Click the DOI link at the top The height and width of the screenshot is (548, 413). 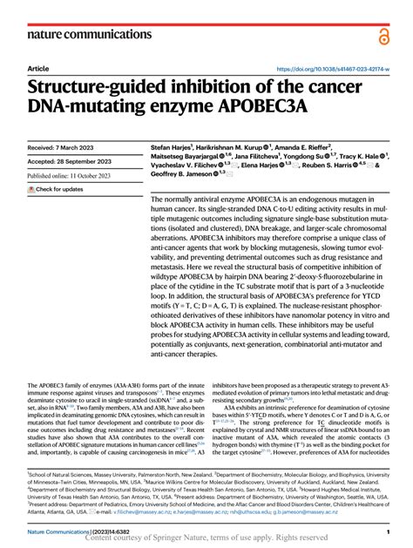(327, 68)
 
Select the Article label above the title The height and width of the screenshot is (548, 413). (38, 68)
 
